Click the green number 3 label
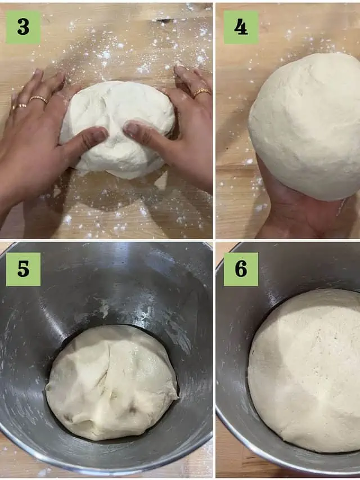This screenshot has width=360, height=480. [x=23, y=27]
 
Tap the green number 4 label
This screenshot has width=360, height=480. [x=241, y=27]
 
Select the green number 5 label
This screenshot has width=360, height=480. [x=23, y=270]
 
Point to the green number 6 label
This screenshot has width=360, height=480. [x=241, y=270]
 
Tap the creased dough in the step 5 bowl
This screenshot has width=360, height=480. [x=112, y=383]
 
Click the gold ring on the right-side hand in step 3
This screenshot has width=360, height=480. [x=202, y=92]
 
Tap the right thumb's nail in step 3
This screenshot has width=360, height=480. [x=132, y=129]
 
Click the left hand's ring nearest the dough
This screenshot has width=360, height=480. [x=39, y=98]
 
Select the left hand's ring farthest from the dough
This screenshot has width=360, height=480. [x=19, y=107]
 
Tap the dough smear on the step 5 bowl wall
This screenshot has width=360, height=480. [x=105, y=308]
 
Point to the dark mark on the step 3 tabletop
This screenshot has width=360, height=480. [x=164, y=20]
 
